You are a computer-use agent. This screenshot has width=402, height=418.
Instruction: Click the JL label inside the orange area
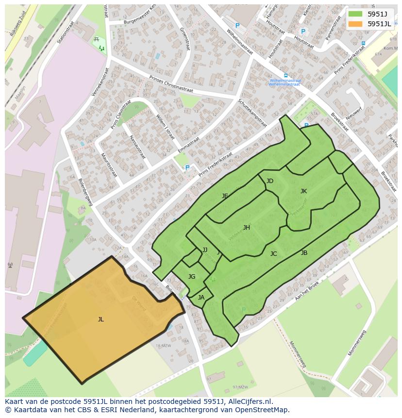tap(100, 319)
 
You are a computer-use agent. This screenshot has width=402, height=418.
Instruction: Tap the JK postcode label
tap(303, 191)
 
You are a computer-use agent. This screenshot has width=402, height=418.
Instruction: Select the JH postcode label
tap(247, 228)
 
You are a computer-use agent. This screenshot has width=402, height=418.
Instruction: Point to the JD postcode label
tap(270, 182)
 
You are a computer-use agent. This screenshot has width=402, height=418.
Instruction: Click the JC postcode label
tap(274, 254)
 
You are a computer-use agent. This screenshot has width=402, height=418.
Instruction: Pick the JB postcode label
tap(304, 253)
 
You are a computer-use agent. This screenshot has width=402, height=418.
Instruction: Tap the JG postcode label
tap(192, 277)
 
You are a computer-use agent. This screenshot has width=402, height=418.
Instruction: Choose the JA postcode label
tap(201, 298)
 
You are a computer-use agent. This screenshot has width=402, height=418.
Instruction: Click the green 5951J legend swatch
tap(355, 14)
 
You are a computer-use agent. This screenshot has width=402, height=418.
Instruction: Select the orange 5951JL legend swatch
tap(355, 23)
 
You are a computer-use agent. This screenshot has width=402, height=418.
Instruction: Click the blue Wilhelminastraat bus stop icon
tap(285, 75)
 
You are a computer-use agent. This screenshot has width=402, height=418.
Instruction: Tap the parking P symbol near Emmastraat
tap(187, 168)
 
